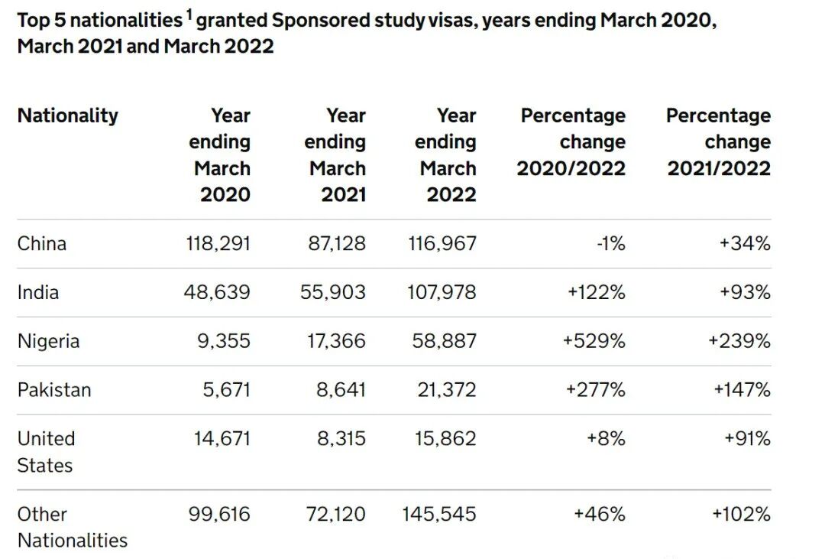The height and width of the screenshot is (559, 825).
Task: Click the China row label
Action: point(41,243)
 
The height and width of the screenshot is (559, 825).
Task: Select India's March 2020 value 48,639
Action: point(217,292)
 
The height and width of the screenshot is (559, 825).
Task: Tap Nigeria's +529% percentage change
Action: point(594,341)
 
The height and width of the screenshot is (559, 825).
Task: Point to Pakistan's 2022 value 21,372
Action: point(447,390)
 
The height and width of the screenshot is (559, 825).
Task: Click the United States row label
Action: point(47,451)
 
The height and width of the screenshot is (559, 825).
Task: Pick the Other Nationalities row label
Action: point(73,527)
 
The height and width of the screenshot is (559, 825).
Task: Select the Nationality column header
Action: point(68,115)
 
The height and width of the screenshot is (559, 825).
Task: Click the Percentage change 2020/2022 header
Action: point(571,141)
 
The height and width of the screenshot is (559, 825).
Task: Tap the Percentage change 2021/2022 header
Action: point(719,141)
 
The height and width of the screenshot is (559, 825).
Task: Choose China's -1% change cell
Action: point(611,243)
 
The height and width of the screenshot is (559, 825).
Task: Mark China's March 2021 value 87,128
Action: point(337,243)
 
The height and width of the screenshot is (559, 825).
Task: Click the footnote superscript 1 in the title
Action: point(189,15)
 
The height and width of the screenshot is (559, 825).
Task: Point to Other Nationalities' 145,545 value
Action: point(438,514)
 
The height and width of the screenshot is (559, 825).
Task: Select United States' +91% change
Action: point(747,438)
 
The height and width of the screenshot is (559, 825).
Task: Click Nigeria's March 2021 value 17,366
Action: point(336,341)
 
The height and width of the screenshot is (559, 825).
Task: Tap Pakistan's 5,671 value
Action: point(226,390)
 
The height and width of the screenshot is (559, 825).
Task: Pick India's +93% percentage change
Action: point(745,292)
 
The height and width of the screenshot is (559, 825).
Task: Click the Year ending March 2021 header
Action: point(335,155)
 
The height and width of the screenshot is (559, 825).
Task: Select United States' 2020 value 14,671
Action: point(222,438)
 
